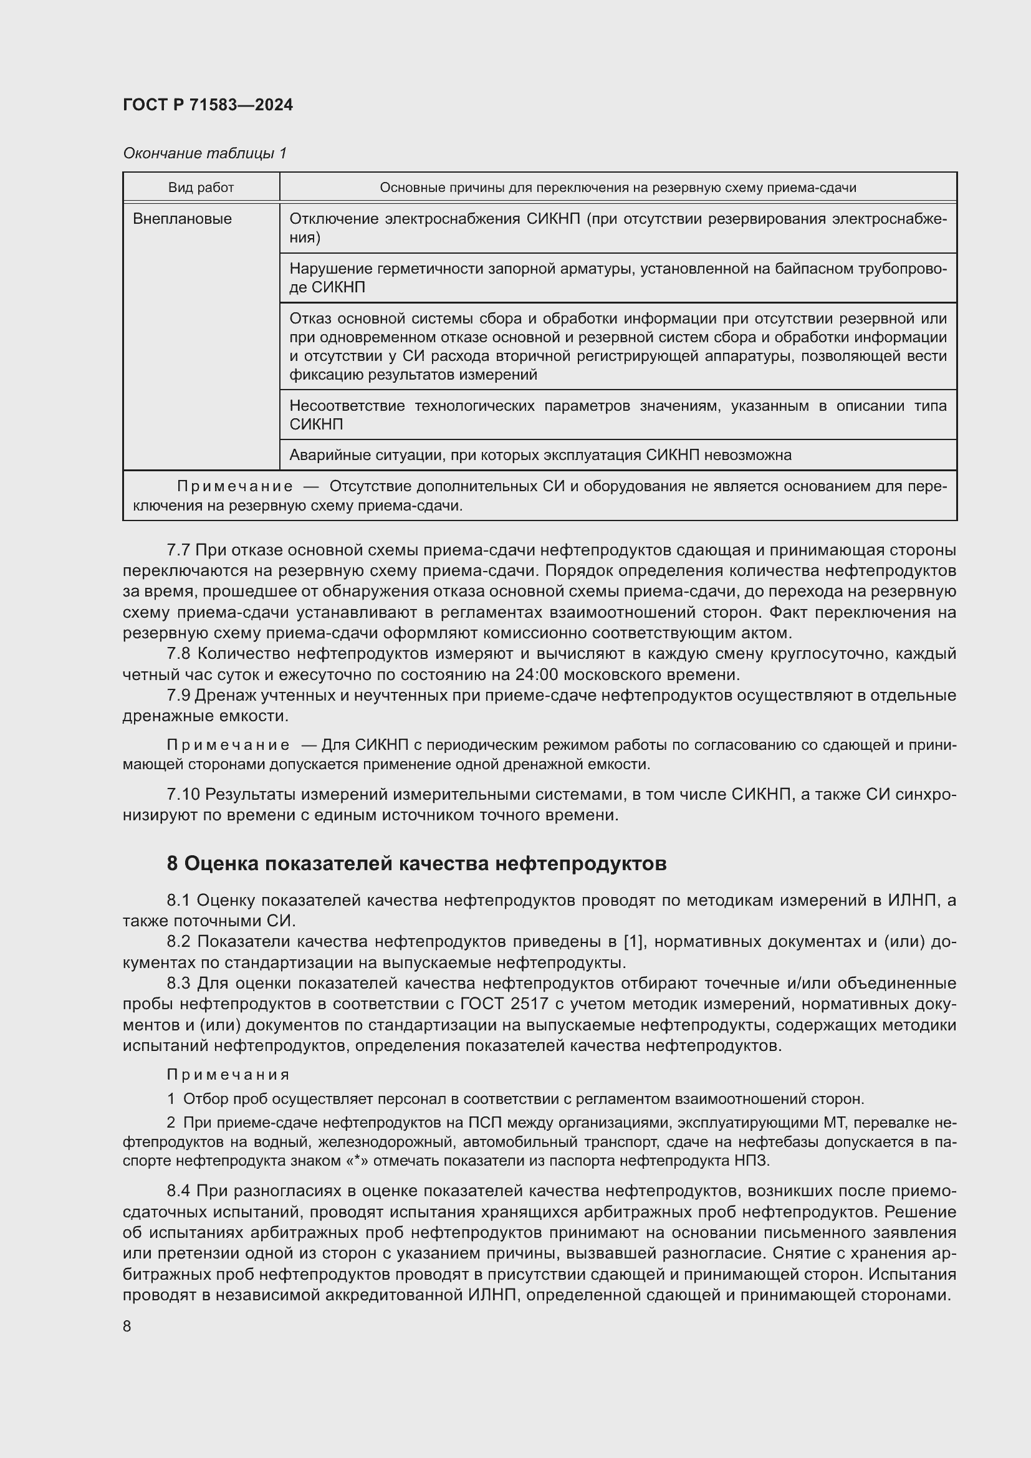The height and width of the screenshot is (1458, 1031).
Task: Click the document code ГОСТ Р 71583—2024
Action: click(208, 105)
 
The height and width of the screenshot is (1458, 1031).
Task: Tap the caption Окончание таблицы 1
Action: click(204, 153)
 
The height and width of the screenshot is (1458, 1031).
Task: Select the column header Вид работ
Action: click(201, 188)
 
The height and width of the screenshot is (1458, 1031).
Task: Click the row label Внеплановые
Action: click(182, 219)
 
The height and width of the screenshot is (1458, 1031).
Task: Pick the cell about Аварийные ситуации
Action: click(540, 455)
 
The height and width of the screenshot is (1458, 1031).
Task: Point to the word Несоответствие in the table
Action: click(347, 406)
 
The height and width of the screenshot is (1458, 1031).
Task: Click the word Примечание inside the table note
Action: click(235, 486)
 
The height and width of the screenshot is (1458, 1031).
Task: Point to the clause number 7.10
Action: click(183, 794)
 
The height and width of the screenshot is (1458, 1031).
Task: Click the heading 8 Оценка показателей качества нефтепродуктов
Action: click(416, 863)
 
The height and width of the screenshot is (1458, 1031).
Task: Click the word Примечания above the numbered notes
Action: click(228, 1075)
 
